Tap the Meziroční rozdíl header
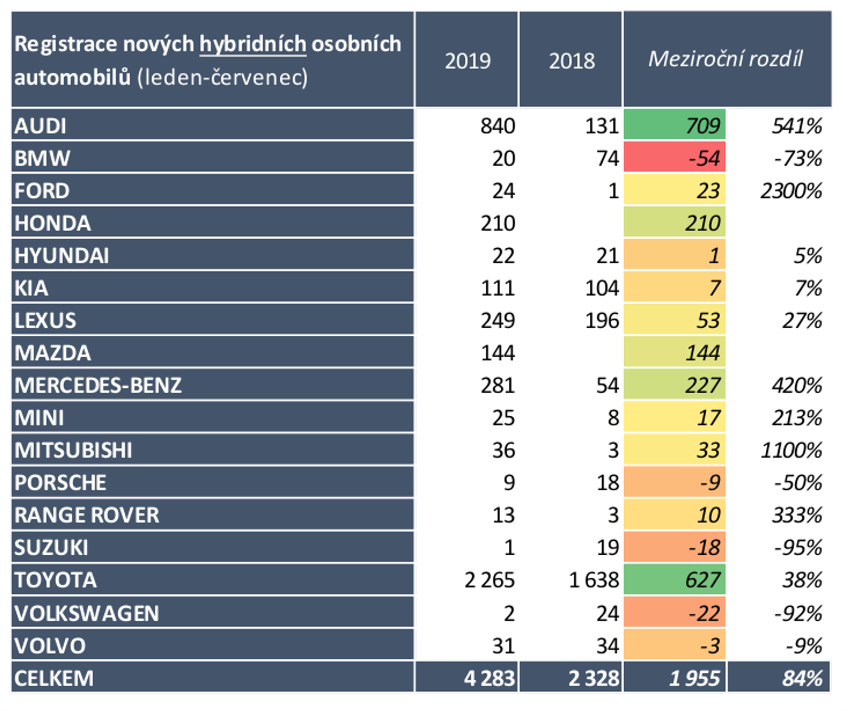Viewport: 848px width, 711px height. coord(726,59)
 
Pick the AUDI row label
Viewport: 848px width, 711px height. coord(40,126)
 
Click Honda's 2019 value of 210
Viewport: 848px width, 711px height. coord(497,223)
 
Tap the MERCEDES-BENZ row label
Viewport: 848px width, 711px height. coord(98,385)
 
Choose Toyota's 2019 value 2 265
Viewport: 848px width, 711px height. coord(489,580)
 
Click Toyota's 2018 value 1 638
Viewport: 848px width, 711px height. coord(594,580)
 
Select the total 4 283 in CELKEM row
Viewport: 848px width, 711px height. coord(489,678)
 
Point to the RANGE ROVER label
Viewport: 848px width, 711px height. coord(87,515)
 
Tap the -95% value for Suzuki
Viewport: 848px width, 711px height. coord(797,548)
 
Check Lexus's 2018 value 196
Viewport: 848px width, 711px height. coord(602,320)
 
